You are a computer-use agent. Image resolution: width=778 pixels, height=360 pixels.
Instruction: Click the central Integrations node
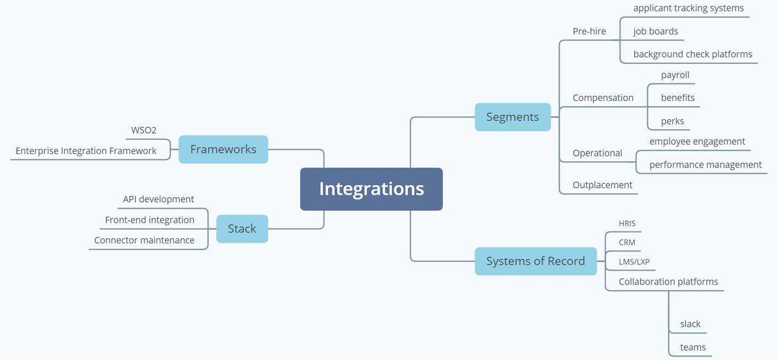tap(371, 189)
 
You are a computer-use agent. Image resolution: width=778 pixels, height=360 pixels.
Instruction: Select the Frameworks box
tap(223, 149)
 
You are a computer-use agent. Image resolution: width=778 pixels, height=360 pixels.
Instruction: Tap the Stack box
tap(242, 228)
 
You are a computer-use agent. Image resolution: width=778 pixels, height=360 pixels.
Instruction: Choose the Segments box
tap(513, 117)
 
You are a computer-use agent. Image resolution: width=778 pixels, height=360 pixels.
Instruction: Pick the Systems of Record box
tap(535, 261)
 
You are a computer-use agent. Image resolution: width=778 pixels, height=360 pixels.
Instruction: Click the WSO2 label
tap(144, 130)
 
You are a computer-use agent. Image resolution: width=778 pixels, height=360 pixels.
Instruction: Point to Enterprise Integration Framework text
tap(86, 151)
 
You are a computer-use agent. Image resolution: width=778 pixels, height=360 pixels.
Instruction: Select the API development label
tap(158, 199)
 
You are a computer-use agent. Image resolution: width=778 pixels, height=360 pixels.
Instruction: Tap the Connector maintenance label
tap(144, 240)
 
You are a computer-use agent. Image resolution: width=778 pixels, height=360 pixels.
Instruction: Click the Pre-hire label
tap(589, 31)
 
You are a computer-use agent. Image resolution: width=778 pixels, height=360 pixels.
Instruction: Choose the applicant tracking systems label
tap(688, 8)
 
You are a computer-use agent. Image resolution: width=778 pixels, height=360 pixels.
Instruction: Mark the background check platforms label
tap(693, 54)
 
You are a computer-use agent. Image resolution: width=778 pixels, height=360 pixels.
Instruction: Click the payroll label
tap(675, 75)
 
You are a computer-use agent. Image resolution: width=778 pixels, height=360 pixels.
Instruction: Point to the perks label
tap(672, 121)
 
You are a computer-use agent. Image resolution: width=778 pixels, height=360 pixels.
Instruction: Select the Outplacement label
tap(602, 185)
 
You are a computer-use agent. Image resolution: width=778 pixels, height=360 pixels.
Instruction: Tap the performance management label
tap(705, 165)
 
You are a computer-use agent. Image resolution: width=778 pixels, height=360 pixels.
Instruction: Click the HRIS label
tap(627, 223)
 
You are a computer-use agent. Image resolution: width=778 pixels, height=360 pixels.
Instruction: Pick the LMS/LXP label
tap(634, 261)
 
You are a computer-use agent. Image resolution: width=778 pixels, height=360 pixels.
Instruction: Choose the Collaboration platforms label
tap(669, 281)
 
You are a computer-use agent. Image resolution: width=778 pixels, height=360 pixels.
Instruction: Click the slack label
tap(690, 324)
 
